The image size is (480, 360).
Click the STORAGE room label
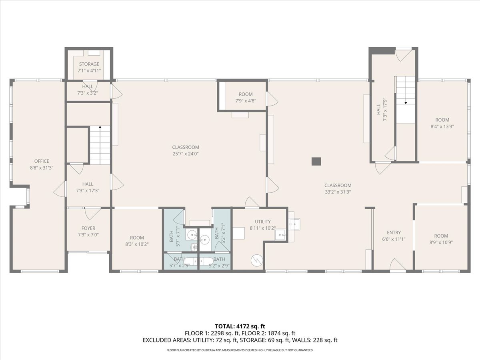[89, 64]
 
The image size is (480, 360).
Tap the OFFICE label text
[42, 161]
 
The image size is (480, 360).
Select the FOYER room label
[88, 228]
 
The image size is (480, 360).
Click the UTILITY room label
[263, 222]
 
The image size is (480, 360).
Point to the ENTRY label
[394, 232]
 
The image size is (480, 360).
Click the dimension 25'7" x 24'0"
[186, 153]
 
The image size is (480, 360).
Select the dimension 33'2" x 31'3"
[338, 192]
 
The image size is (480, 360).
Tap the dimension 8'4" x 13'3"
[442, 126]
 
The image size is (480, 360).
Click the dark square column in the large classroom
[316, 161]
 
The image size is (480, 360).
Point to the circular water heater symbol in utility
[256, 260]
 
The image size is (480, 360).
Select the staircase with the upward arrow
[100, 145]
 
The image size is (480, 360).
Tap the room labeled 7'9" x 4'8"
[246, 98]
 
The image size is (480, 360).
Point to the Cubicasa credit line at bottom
[240, 350]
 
